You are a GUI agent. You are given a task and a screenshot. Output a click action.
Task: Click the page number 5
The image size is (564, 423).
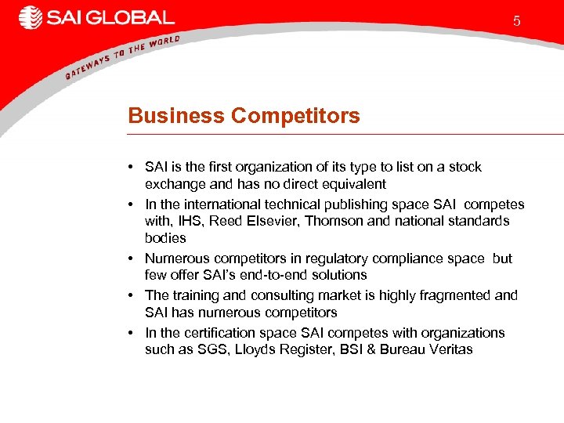[516, 21]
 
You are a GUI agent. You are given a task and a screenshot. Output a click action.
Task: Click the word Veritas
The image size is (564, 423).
[449, 349]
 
